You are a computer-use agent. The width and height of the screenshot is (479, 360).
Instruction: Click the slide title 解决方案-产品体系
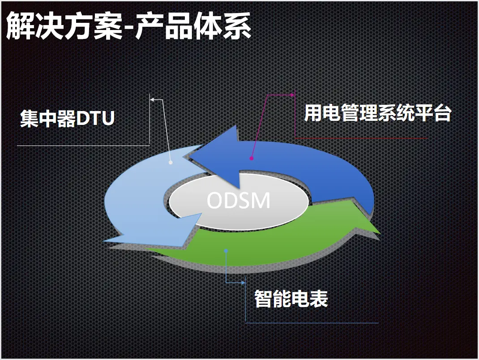coord(128,26)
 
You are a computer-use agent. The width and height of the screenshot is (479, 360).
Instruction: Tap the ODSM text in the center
coord(239,201)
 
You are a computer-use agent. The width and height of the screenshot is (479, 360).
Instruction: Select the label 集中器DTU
coord(67,118)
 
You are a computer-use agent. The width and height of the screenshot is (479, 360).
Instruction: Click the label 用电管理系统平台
coord(378,113)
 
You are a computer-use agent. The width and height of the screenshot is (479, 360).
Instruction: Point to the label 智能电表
coord(291,299)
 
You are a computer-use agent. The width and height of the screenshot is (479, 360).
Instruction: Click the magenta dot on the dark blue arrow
coord(252,159)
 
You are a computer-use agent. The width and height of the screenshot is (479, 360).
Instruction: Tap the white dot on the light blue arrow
coord(171,163)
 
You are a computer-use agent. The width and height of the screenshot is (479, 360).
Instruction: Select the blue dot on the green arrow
coord(226,251)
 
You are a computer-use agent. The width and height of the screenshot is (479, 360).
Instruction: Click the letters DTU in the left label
coord(95,118)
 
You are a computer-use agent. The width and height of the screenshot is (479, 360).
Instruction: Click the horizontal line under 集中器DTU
coord(83,146)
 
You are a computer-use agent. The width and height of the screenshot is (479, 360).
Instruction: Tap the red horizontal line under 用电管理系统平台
coord(361,138)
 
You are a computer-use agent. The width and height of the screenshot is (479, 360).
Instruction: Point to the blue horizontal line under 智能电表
coord(312,323)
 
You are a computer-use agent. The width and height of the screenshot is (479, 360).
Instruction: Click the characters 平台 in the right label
coord(433,113)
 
